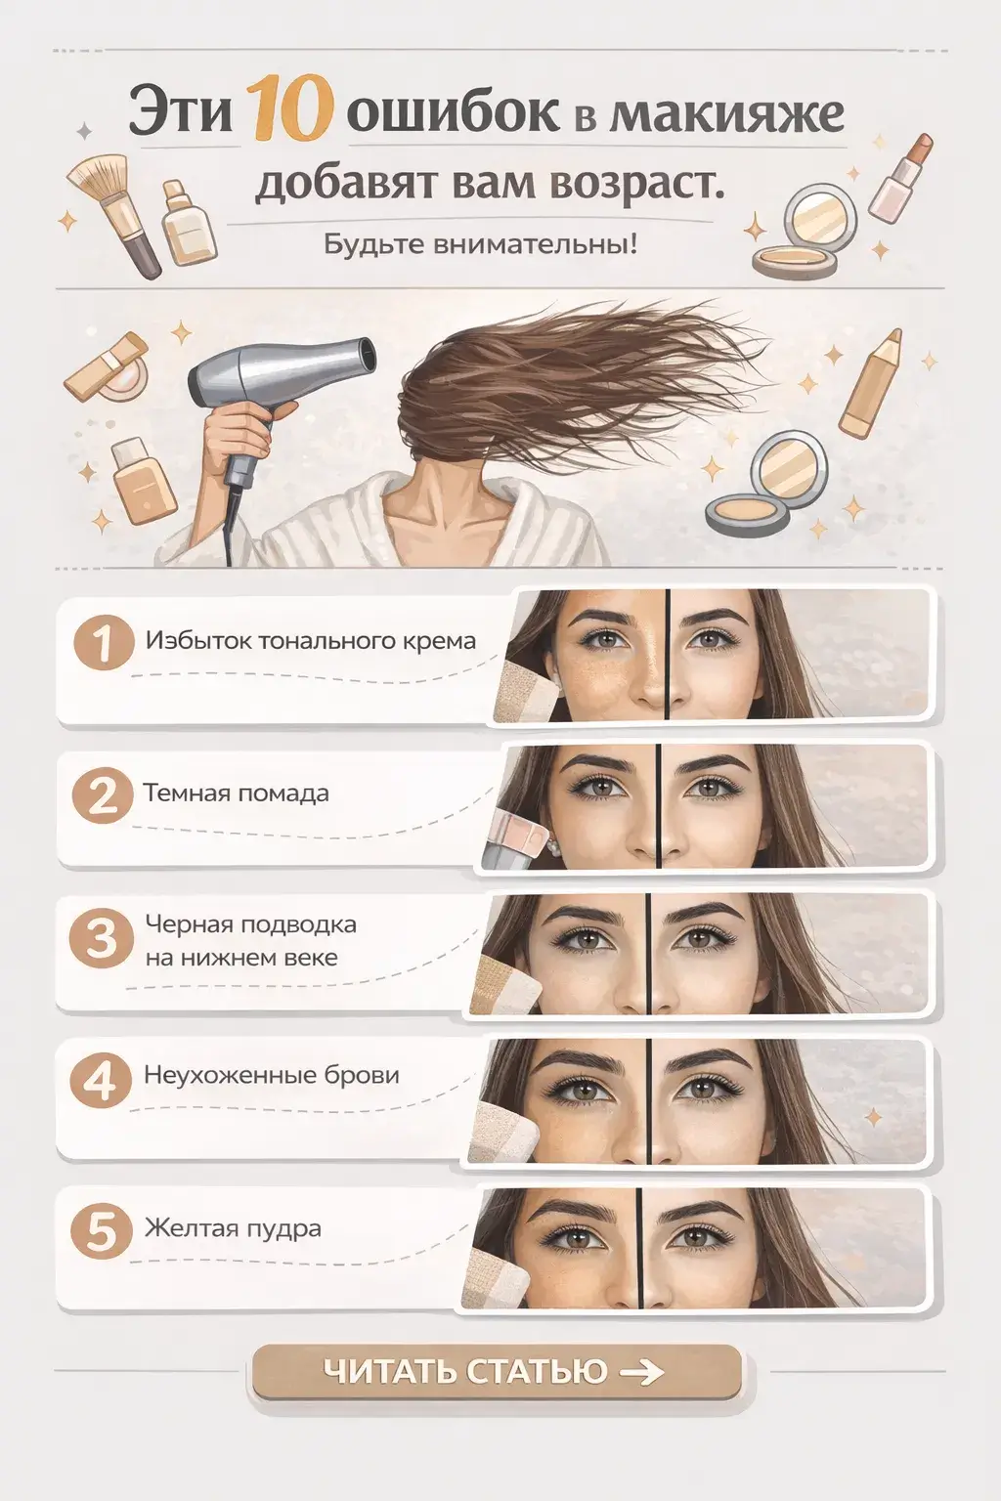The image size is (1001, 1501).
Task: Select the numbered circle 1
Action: tap(104, 643)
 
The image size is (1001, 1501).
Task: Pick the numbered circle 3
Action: tap(102, 939)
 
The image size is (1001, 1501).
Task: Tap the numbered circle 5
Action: tap(102, 1231)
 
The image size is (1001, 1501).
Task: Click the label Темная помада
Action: tap(236, 793)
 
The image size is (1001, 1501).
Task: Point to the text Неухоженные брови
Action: tap(272, 1076)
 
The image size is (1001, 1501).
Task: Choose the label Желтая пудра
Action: tap(233, 1229)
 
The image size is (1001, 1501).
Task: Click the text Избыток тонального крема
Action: tap(311, 641)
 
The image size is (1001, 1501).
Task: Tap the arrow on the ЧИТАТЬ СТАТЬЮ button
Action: tap(641, 1372)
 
